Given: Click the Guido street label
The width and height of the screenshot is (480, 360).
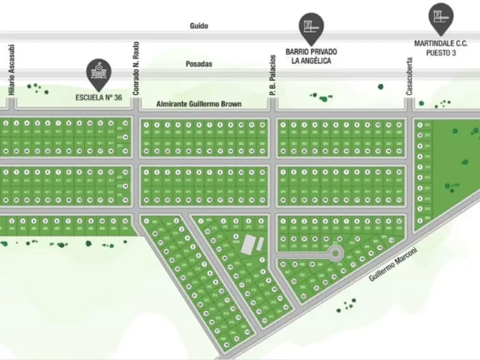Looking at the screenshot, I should click(x=199, y=26).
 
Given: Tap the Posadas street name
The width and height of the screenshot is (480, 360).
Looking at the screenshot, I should click(x=199, y=64).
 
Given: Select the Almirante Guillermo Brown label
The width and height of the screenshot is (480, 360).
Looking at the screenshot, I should click(x=198, y=104).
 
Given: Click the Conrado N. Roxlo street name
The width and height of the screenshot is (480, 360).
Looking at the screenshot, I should click(x=136, y=69).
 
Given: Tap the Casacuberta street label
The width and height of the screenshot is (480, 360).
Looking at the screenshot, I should click(x=409, y=76).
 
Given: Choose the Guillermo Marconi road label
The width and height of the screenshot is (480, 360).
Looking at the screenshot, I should click(x=393, y=265).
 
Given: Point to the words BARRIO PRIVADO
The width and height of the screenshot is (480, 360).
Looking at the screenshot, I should click(x=311, y=52).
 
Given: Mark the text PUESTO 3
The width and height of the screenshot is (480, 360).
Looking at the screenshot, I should click(x=441, y=53).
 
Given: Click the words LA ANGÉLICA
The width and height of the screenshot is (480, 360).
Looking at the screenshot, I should click(x=311, y=60).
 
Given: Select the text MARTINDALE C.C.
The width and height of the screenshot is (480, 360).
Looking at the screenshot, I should click(x=441, y=44).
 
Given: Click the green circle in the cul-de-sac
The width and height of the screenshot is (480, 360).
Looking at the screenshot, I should click(x=336, y=254).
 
